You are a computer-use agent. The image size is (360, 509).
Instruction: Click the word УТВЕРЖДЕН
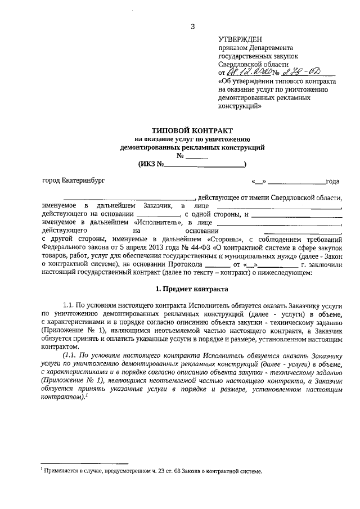pos(240,39)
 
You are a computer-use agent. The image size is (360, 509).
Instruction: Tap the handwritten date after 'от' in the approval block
pos(249,72)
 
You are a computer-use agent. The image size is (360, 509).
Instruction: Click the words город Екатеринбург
pos(73,181)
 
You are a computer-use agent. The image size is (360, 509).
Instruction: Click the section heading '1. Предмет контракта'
pos(192,289)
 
